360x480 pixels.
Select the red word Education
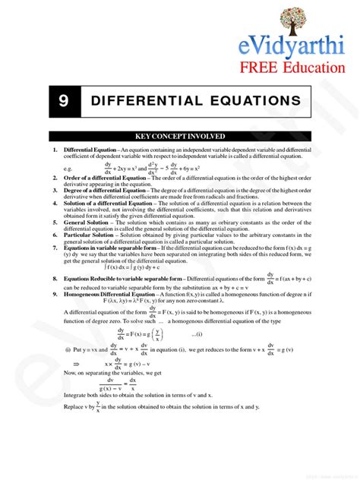coord(314,69)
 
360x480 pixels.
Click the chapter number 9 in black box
coord(62,101)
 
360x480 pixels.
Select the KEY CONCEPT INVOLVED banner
coord(180,137)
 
